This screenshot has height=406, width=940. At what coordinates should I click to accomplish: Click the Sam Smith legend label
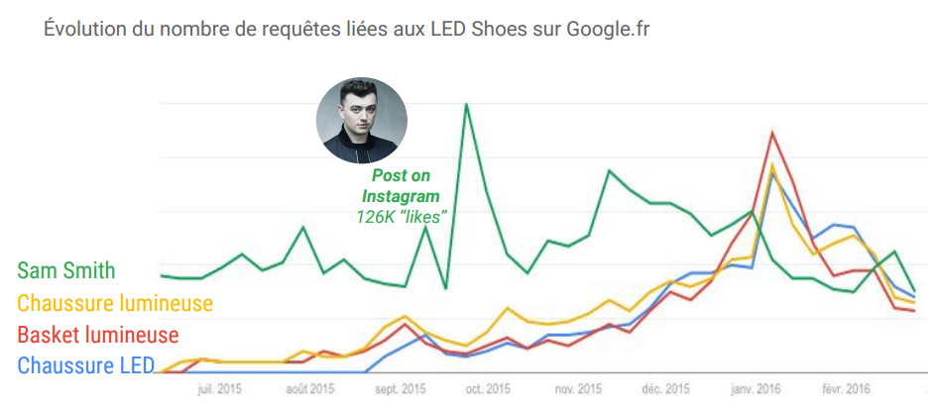click(x=66, y=270)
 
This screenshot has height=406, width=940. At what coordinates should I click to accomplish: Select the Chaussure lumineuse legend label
click(x=115, y=302)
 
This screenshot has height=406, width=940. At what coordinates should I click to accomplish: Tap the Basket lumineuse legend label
click(x=98, y=334)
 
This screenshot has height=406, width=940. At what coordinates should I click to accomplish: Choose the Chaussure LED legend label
click(x=86, y=365)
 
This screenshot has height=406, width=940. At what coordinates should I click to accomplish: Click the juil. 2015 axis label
click(x=220, y=389)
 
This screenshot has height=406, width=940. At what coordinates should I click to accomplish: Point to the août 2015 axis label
click(x=310, y=389)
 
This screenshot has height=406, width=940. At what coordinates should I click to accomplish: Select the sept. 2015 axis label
click(x=401, y=389)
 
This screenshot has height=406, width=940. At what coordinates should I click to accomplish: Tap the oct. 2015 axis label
click(x=488, y=389)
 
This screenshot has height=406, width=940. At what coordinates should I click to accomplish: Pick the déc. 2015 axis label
click(x=666, y=389)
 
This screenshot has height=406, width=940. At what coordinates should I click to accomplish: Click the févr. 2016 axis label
click(x=845, y=389)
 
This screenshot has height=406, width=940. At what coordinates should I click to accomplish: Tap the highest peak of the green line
click(x=466, y=104)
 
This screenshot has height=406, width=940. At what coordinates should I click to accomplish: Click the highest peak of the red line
click(x=771, y=133)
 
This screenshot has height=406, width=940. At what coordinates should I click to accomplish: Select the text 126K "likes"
click(x=402, y=215)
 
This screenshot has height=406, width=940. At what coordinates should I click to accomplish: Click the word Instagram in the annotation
click(x=401, y=196)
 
